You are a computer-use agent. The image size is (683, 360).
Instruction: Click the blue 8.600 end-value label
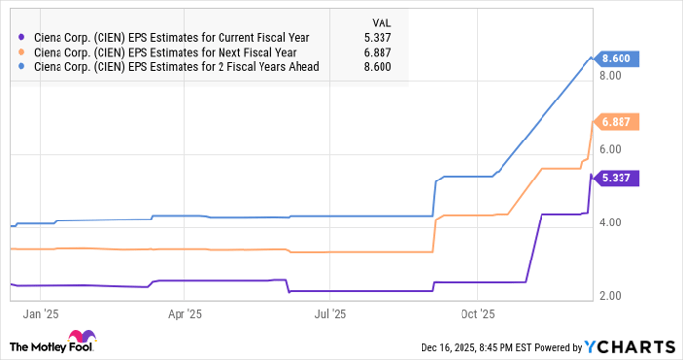618,59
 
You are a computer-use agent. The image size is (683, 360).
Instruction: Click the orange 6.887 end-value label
618,122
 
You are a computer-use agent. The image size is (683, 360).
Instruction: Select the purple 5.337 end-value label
618,178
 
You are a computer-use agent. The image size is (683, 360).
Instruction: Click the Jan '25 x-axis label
40,315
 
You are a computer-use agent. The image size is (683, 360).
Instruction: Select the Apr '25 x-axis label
184,315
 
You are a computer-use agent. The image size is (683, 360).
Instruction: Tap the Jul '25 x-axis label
331,315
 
